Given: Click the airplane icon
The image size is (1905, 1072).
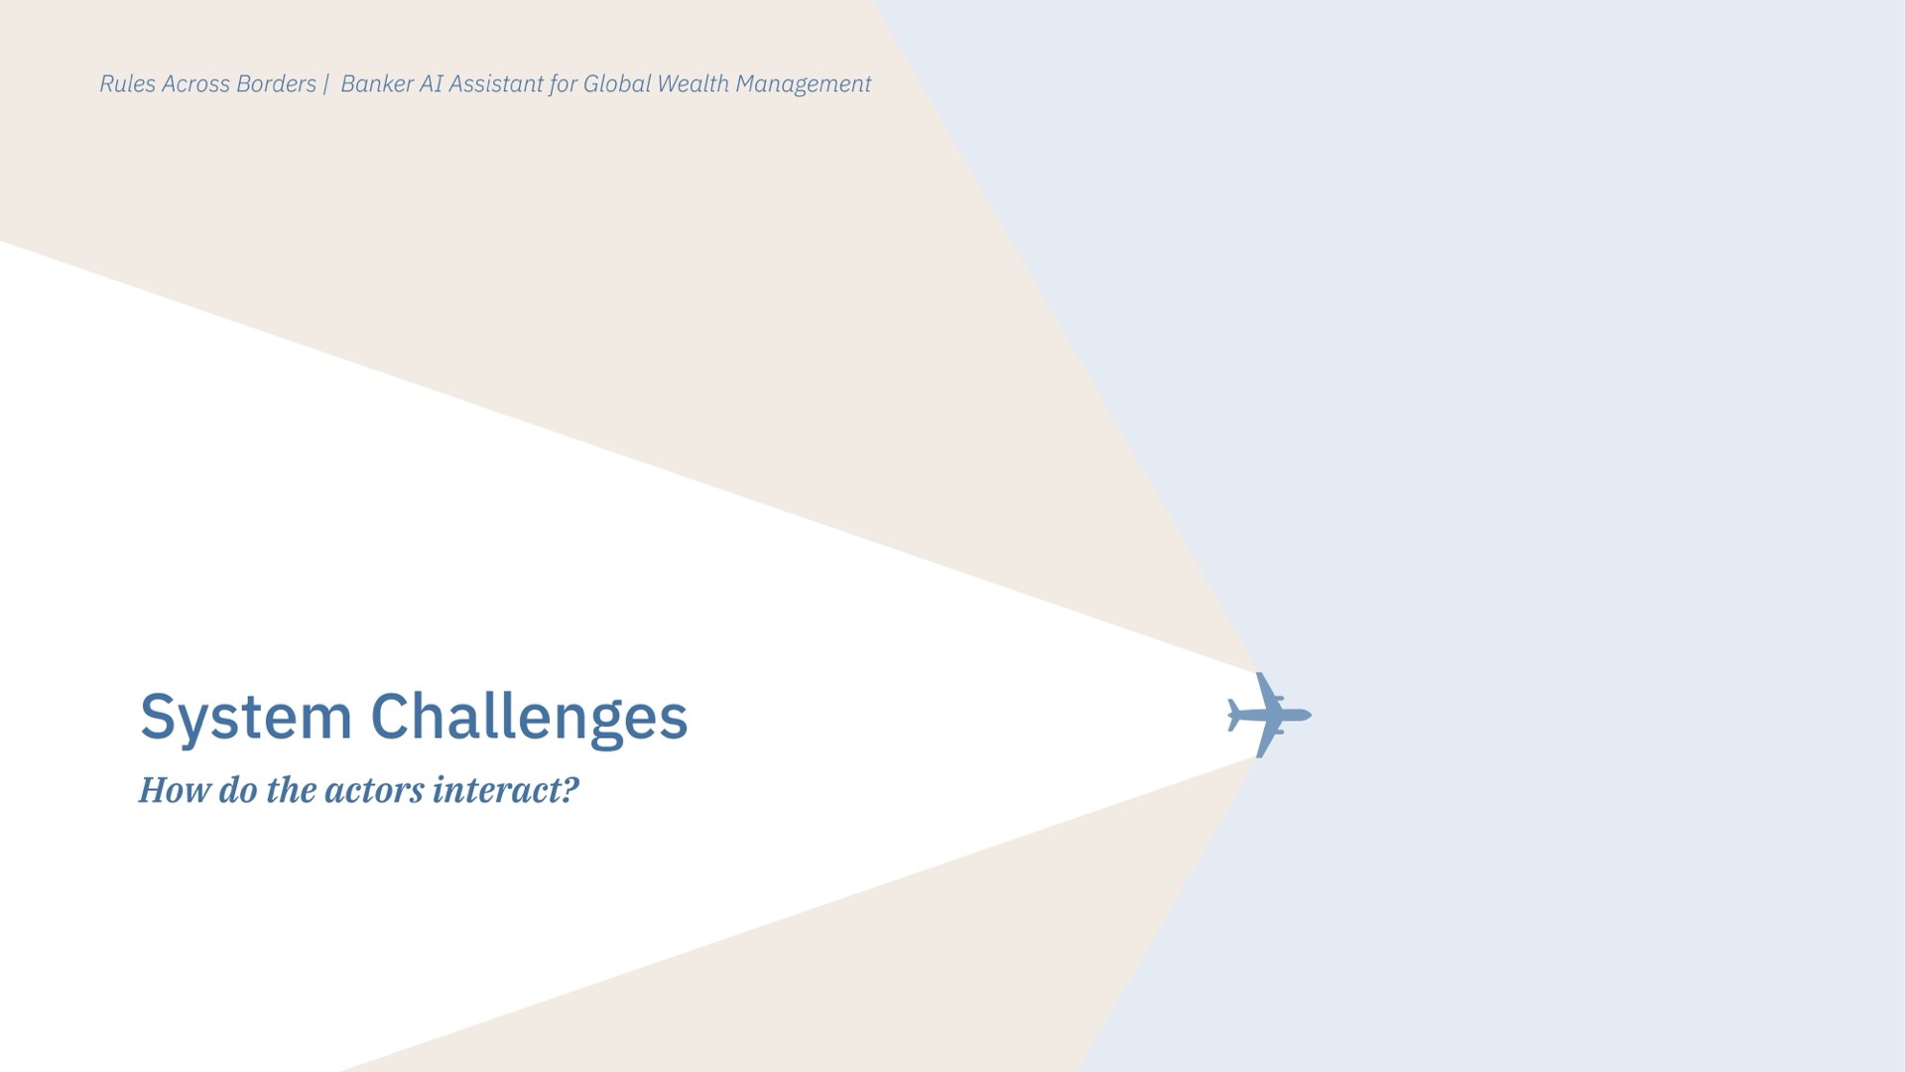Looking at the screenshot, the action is click(1269, 715).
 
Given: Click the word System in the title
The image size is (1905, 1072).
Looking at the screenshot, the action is click(246, 718).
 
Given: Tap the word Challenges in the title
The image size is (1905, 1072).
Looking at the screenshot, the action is click(529, 718).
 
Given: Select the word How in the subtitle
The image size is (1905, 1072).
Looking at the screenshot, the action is click(174, 790).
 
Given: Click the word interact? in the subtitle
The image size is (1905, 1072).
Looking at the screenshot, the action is click(506, 790).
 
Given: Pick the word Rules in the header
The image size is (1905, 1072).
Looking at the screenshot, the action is click(128, 84).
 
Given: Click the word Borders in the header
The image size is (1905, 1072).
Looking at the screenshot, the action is click(276, 84).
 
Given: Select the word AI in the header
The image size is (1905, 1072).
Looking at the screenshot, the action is click(431, 84).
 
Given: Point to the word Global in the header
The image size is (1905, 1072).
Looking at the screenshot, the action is click(616, 84).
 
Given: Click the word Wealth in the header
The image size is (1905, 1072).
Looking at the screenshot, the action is click(693, 84).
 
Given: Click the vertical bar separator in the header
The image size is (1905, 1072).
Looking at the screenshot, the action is click(325, 84).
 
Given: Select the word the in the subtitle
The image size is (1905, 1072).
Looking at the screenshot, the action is click(291, 790).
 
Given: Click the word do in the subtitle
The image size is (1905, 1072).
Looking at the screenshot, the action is click(237, 790).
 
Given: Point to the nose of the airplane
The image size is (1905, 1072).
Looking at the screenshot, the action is click(1310, 715).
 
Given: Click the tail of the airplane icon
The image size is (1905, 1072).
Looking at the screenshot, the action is click(1233, 715).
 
